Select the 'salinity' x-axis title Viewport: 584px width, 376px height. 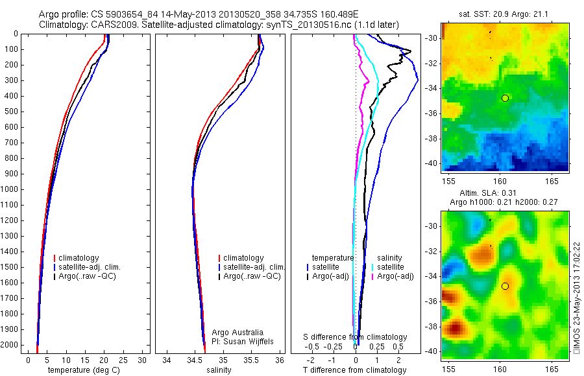click(217, 370)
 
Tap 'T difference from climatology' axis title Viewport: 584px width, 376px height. click(354, 370)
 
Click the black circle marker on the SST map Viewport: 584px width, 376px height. click(505, 98)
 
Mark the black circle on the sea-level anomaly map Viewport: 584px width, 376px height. click(505, 286)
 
